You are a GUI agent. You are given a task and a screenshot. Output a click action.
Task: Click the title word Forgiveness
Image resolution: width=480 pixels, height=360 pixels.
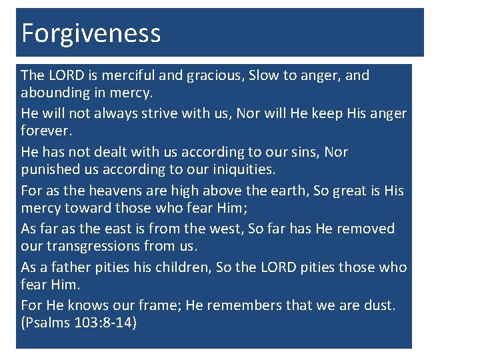91,33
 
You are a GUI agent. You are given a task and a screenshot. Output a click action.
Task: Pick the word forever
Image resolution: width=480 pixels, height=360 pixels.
45,130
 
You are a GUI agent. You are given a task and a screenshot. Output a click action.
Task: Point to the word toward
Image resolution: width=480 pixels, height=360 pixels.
89,207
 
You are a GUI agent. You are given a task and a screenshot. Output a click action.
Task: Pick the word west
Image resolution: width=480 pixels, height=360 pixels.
227,229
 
